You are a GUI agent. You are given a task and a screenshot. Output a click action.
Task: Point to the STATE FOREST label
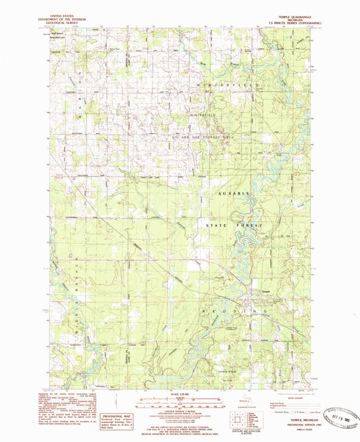coord(232,221)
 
